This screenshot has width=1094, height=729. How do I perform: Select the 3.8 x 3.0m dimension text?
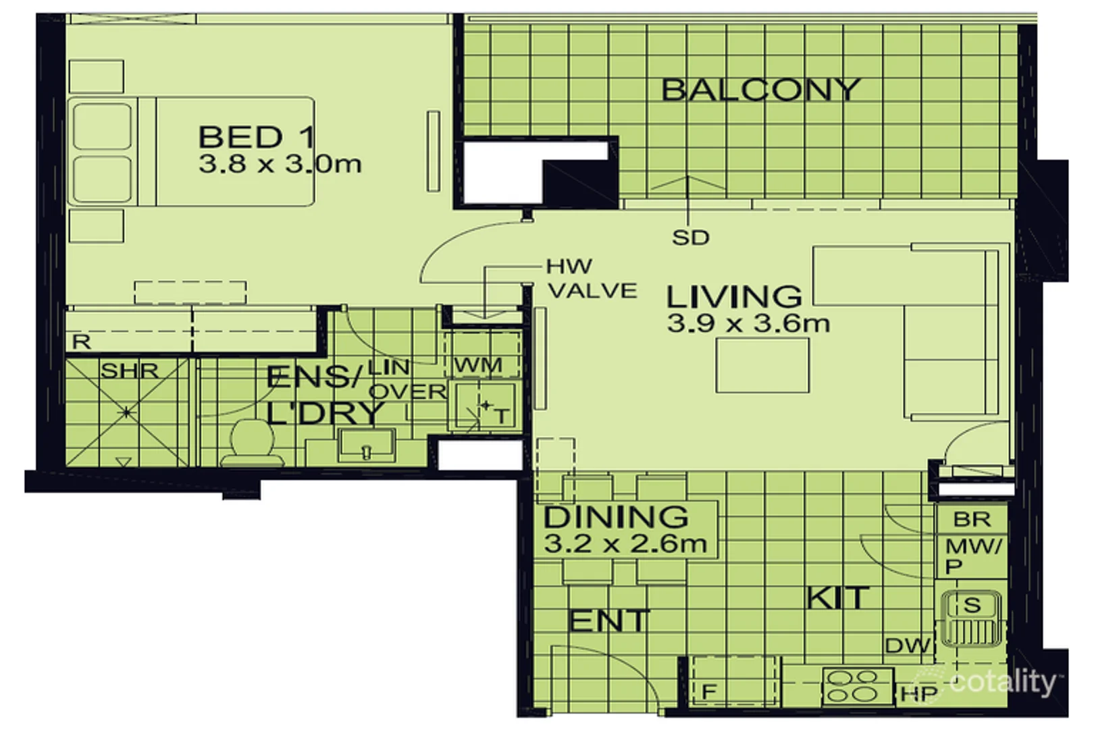coord(280,164)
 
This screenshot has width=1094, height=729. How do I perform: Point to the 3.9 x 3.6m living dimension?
coord(748,323)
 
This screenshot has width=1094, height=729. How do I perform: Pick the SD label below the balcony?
coord(690,238)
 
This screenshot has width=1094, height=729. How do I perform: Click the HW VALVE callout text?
coord(592,278)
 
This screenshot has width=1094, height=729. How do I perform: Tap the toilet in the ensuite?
coord(252,442)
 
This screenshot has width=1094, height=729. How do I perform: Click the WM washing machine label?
coord(478,365)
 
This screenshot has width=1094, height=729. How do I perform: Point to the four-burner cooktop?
coord(858,686)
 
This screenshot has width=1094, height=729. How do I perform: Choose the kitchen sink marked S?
coord(971,619)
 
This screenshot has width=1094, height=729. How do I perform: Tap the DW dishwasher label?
coord(908,646)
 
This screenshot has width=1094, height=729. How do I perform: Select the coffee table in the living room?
coord(762,365)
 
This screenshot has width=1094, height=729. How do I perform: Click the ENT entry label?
coord(609,621)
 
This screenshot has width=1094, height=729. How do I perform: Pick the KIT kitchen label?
coord(837,597)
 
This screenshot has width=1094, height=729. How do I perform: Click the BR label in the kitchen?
coord(972,520)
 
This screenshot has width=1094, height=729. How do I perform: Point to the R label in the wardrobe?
coord(81,342)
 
